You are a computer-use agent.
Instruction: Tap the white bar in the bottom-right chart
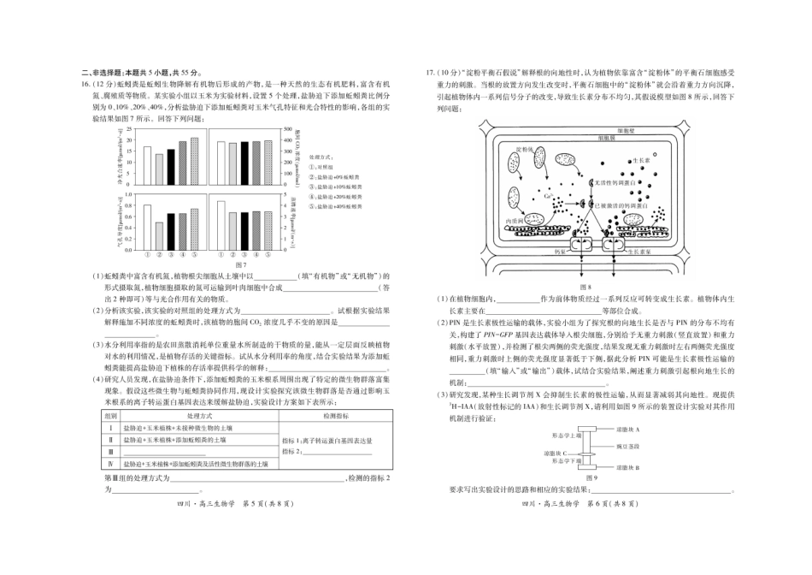point(221,223)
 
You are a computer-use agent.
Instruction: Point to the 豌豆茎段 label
point(627,446)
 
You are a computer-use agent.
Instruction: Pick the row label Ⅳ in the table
point(111,463)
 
